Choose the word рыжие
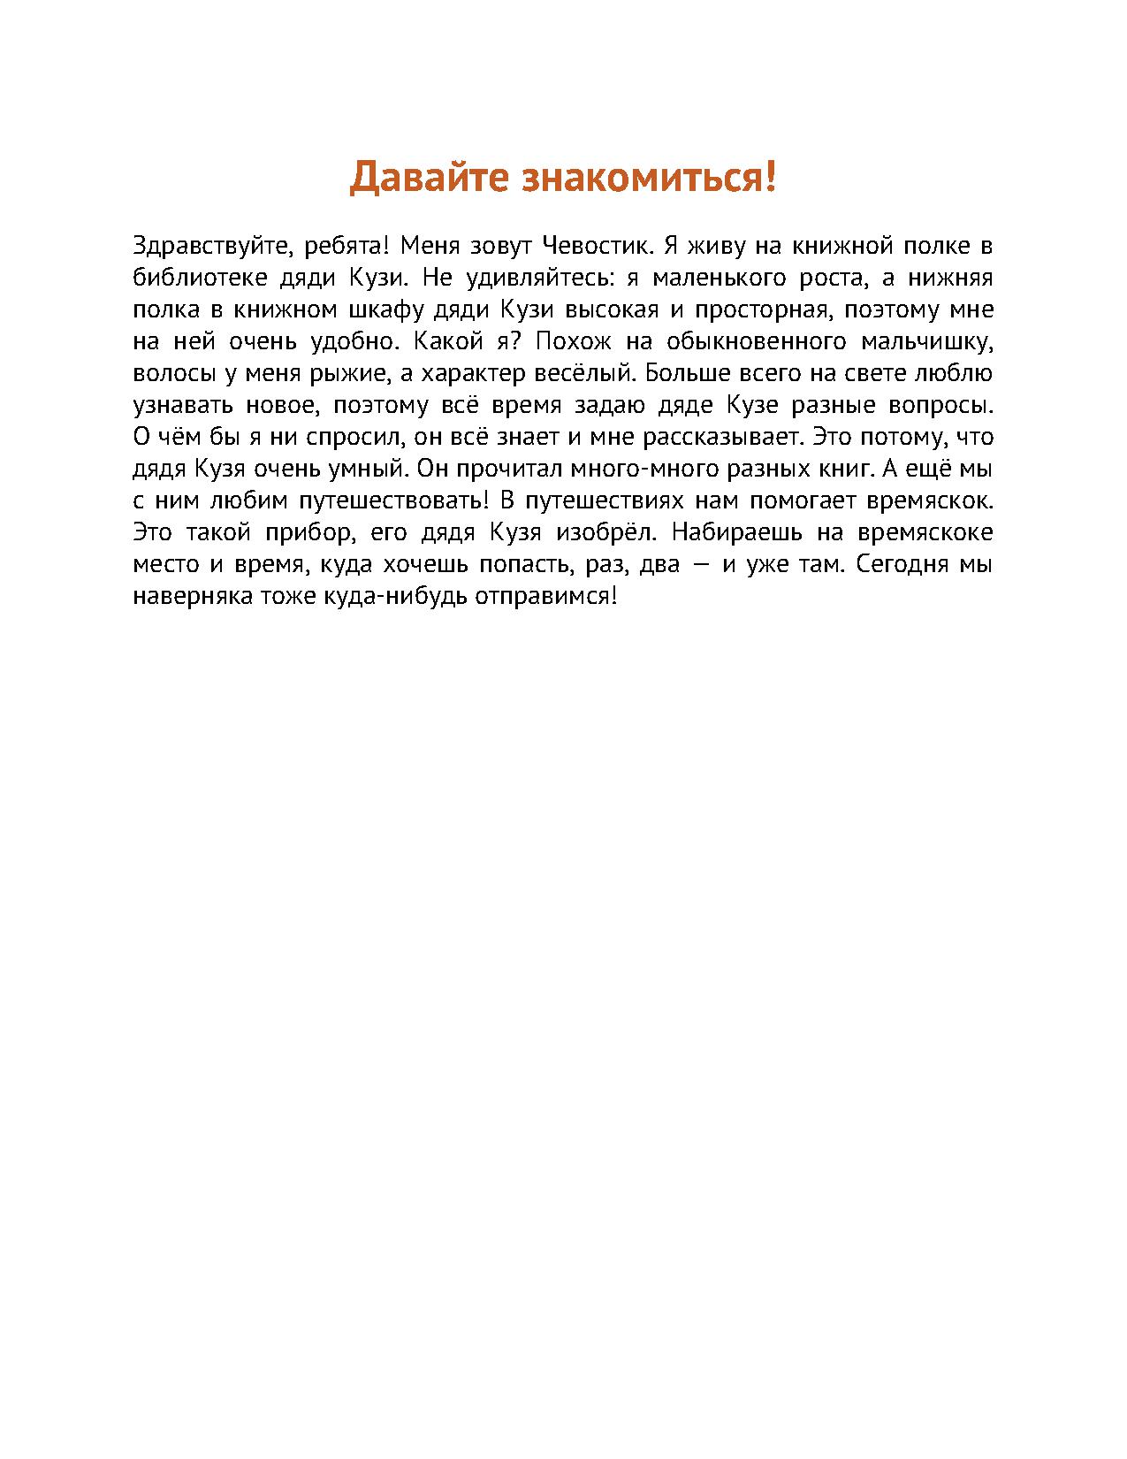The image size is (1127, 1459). tap(344, 374)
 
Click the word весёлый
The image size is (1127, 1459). tap(584, 374)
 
